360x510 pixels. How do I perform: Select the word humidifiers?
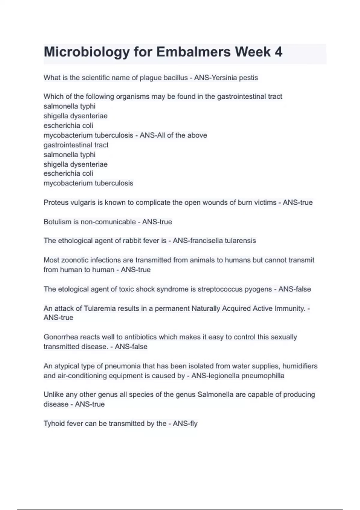(300, 366)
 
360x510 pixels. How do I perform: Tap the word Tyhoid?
(54, 424)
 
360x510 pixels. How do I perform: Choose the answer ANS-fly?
(185, 424)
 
